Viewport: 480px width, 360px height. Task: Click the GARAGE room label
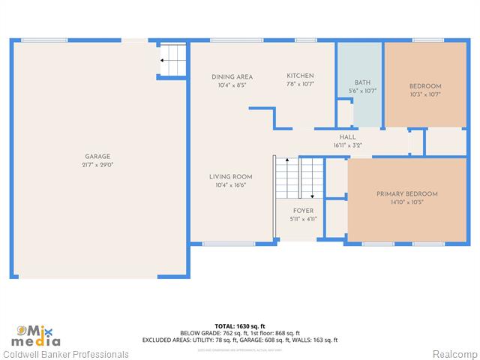click(97, 156)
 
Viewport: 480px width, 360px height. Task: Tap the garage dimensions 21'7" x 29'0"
click(97, 165)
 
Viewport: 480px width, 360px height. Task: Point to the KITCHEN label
click(300, 76)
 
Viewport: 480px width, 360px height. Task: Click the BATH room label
click(362, 82)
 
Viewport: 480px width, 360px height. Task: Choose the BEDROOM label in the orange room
click(424, 85)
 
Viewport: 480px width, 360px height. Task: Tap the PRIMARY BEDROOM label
click(406, 193)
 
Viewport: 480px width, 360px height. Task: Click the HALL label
click(348, 137)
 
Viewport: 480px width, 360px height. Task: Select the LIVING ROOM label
click(230, 177)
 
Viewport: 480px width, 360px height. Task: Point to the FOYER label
click(303, 211)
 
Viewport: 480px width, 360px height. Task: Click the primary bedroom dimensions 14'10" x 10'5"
click(406, 202)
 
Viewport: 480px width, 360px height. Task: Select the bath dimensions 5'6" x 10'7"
click(362, 91)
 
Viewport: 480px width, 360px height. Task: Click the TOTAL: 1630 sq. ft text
click(239, 325)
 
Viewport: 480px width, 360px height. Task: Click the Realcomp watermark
click(454, 354)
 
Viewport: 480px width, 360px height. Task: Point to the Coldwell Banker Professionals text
click(66, 354)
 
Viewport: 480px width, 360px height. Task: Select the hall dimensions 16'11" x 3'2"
click(348, 145)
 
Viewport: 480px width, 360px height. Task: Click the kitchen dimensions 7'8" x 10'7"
click(300, 85)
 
